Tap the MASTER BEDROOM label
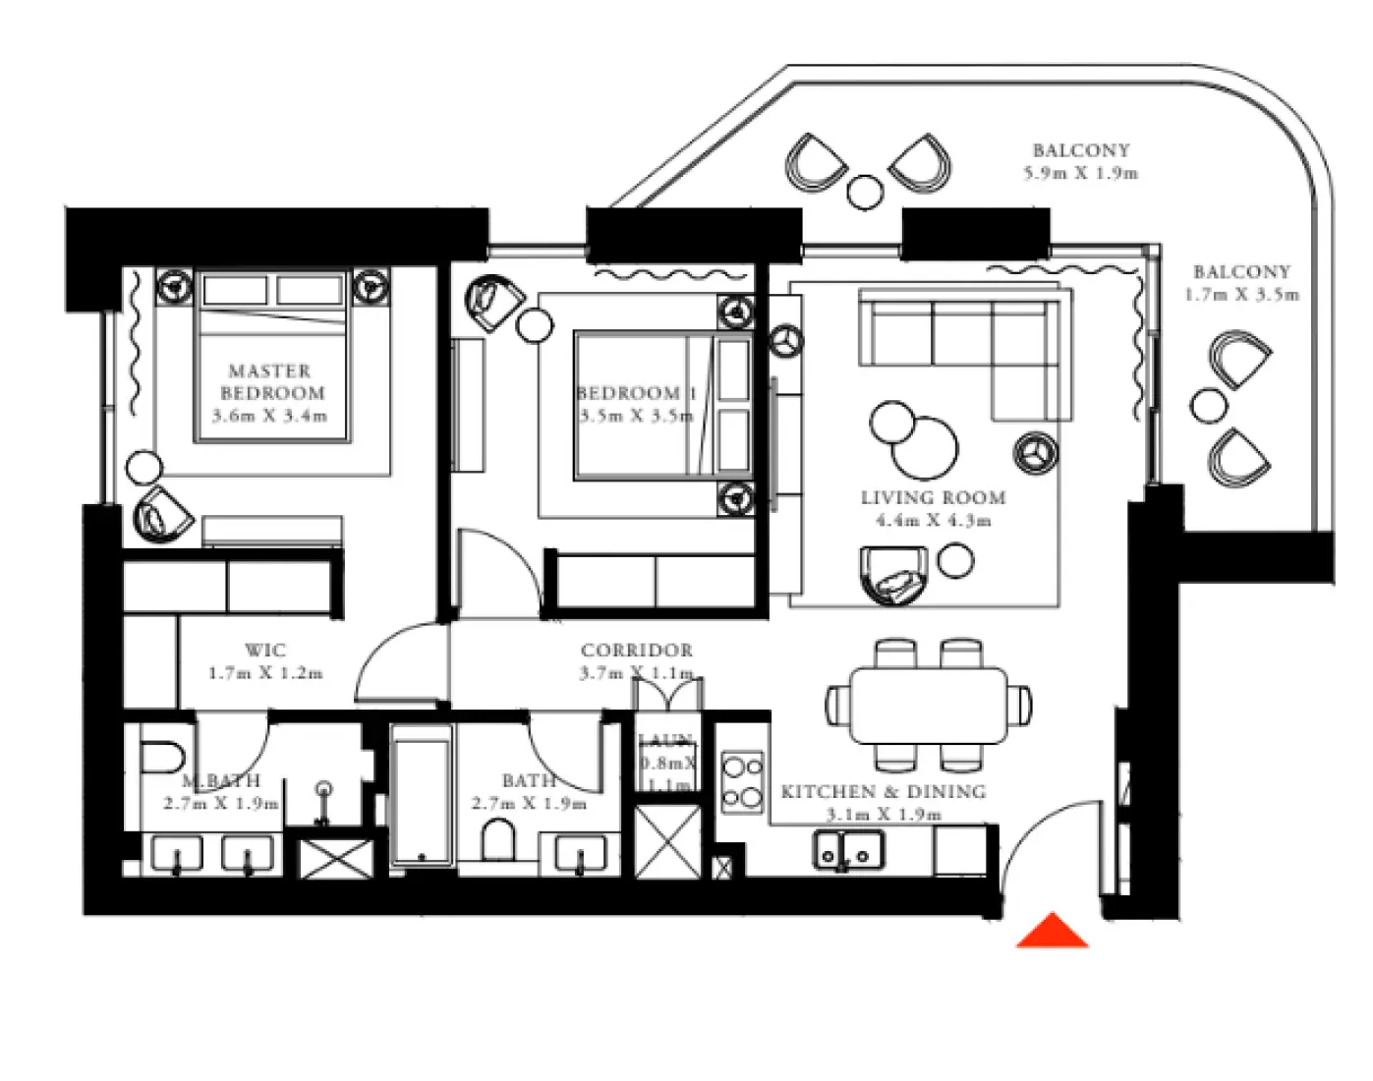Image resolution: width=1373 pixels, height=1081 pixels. pos(270,382)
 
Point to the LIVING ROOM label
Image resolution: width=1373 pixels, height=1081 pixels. pos(933,498)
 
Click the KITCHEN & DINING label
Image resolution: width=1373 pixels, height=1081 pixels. pos(883,792)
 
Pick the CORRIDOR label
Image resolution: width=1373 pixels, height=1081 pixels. pos(636,651)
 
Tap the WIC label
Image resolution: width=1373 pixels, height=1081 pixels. pos(265,651)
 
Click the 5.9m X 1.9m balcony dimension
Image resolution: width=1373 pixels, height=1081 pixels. pos(1080,174)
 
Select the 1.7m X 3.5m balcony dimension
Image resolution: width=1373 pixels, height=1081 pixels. pos(1241,295)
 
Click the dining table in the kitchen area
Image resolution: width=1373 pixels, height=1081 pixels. pos(929,705)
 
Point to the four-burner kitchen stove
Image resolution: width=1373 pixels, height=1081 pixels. pos(742,782)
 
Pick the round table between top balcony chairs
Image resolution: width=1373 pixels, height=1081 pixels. pos(865,192)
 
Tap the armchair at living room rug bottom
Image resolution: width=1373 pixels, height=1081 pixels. pos(893,576)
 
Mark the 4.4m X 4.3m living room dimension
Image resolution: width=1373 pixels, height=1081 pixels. pos(933,521)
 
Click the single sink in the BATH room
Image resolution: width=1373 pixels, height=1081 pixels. pos(581,853)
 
